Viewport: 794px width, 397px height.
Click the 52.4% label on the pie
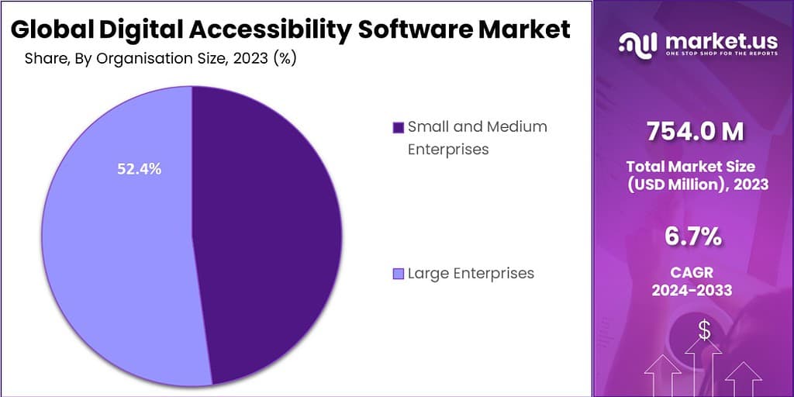pos(139,169)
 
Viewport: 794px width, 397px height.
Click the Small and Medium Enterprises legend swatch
pos(399,127)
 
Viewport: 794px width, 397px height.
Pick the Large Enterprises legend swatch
pos(399,274)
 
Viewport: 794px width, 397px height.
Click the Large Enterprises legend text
pos(471,273)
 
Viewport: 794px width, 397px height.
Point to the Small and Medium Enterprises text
pos(477,137)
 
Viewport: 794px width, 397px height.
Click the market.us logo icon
pos(637,43)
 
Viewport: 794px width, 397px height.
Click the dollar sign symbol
pos(704,331)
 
